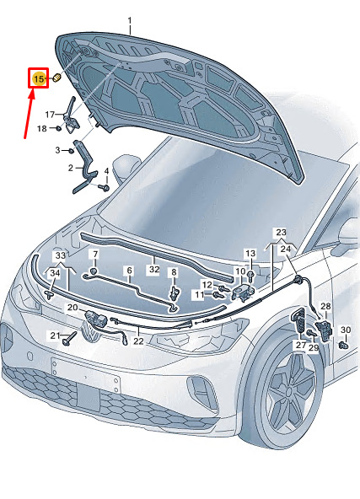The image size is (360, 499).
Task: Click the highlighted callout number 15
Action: pyautogui.click(x=39, y=78)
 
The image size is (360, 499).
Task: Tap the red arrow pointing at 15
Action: pyautogui.click(x=29, y=114)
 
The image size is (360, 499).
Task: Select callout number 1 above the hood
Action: pyautogui.click(x=130, y=21)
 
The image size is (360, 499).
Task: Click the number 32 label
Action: pyautogui.click(x=154, y=269)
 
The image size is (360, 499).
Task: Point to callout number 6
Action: pyautogui.click(x=129, y=271)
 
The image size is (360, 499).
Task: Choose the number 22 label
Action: pyautogui.click(x=138, y=341)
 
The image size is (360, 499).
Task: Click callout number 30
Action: pyautogui.click(x=346, y=330)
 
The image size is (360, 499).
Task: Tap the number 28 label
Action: pyautogui.click(x=325, y=307)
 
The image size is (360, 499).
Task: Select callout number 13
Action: pyautogui.click(x=250, y=254)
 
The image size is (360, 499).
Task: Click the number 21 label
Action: pyautogui.click(x=55, y=335)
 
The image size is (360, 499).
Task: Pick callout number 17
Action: pyautogui.click(x=50, y=115)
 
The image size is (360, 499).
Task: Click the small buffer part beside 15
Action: pyautogui.click(x=56, y=78)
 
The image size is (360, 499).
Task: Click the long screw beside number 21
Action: pyautogui.click(x=70, y=338)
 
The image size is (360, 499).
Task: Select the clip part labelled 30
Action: pyautogui.click(x=343, y=345)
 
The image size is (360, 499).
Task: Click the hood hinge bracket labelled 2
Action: pyautogui.click(x=84, y=168)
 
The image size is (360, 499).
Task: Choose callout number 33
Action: pyautogui.click(x=61, y=255)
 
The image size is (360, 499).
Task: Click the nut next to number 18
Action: pyautogui.click(x=58, y=129)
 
